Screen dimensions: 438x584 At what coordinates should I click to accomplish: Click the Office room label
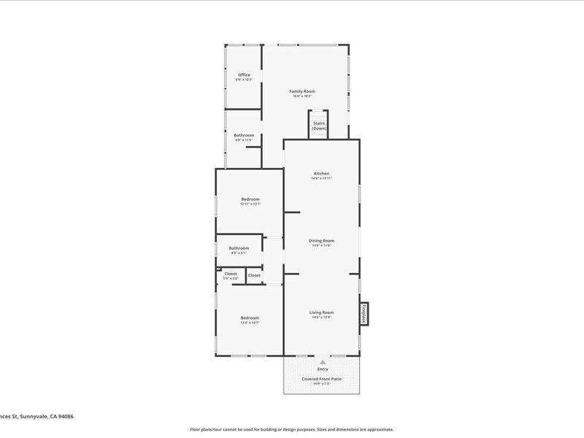click(244, 74)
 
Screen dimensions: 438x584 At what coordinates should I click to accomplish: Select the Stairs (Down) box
click(319, 125)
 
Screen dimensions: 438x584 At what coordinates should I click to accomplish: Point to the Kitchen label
click(322, 173)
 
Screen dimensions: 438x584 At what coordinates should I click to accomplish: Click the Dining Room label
click(322, 240)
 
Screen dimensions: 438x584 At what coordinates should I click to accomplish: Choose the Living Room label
click(322, 312)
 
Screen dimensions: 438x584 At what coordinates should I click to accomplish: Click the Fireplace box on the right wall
click(362, 313)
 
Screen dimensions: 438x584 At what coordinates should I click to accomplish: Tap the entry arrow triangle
click(322, 361)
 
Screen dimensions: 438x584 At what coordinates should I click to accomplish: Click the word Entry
click(322, 369)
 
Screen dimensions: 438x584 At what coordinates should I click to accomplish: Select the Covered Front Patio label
click(322, 378)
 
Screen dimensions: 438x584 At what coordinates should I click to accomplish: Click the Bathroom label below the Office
click(244, 135)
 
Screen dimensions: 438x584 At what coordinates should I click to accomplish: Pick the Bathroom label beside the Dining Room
click(239, 247)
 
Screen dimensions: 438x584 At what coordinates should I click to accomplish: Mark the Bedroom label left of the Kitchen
click(250, 199)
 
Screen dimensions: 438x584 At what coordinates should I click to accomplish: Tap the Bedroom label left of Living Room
click(250, 318)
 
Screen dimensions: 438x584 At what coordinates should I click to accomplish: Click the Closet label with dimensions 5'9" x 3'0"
click(231, 274)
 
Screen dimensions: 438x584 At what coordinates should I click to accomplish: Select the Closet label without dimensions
click(254, 275)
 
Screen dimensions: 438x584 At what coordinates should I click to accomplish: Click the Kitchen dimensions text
click(322, 178)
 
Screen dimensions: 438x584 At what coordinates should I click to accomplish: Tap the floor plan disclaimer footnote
click(292, 429)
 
